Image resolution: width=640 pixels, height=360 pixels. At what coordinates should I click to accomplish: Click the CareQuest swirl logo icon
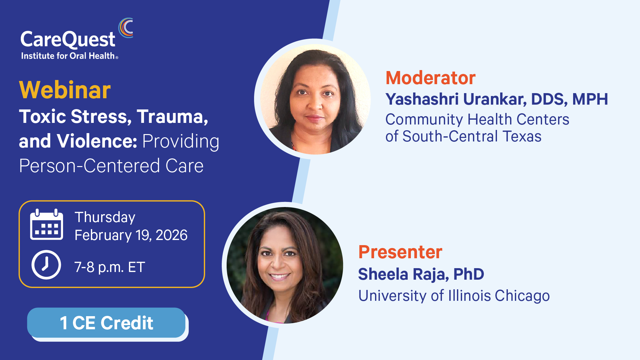tap(126, 28)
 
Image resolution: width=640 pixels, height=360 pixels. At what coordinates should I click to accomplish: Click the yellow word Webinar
tap(65, 90)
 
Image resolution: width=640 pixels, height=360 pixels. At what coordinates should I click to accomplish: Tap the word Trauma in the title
tap(172, 116)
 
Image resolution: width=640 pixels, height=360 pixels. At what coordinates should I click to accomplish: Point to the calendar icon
tap(46, 224)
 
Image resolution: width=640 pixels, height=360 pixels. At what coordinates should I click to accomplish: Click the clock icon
tap(46, 265)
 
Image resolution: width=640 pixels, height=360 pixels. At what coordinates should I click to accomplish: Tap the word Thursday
tap(105, 218)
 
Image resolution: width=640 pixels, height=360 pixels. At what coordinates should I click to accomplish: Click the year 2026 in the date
tap(172, 235)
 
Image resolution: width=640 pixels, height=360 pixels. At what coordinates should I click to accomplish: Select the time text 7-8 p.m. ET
tap(110, 267)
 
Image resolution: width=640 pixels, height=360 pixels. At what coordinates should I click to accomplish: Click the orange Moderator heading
tap(430, 78)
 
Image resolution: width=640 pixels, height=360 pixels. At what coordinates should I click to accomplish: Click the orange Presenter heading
tap(400, 252)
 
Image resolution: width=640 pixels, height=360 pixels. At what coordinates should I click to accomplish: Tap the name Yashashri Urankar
tap(456, 99)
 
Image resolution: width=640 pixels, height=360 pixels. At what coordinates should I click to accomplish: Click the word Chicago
tap(522, 296)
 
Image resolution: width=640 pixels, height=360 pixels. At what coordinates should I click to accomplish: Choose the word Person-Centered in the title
tap(89, 166)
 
